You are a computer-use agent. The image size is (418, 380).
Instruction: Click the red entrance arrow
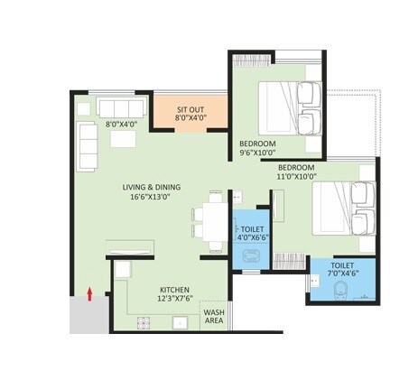tap(89, 292)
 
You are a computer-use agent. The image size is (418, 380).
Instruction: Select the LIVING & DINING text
tap(158, 187)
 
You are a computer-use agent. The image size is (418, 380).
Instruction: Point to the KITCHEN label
tap(151, 289)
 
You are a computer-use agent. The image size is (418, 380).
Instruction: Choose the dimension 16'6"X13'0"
tap(158, 197)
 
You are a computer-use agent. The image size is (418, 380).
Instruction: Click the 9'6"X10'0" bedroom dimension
tap(258, 153)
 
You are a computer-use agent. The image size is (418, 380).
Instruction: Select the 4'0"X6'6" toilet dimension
tap(252, 240)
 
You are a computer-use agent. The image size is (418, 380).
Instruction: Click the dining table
tap(210, 220)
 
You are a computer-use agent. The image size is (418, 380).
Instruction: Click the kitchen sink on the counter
tap(178, 322)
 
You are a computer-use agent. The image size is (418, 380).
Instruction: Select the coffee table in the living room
tap(123, 138)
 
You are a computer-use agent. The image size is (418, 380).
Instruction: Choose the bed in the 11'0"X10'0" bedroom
tap(344, 209)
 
